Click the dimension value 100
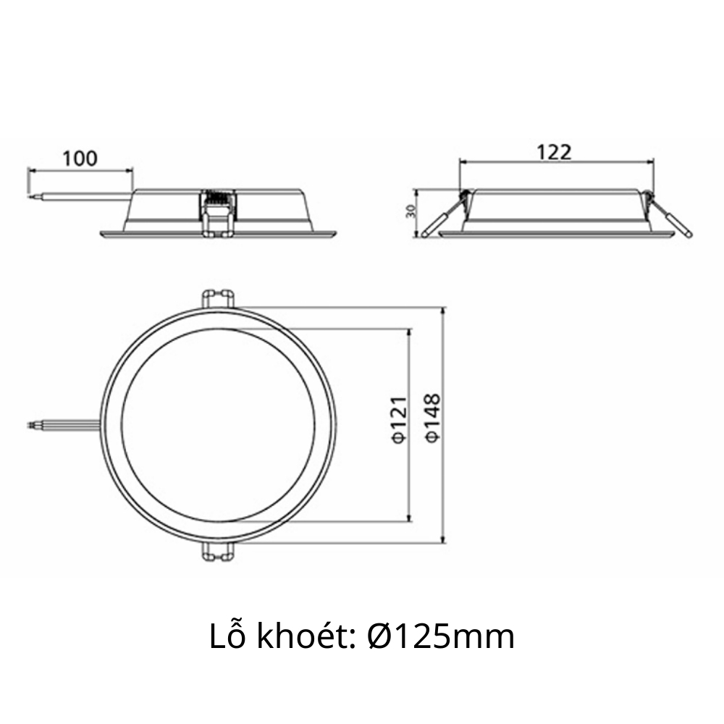(80, 158)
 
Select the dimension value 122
(554, 152)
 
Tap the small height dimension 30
(410, 212)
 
